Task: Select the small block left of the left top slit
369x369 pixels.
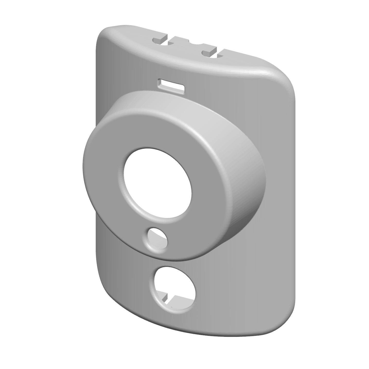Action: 160,40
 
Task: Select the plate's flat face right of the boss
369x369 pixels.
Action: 278,206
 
